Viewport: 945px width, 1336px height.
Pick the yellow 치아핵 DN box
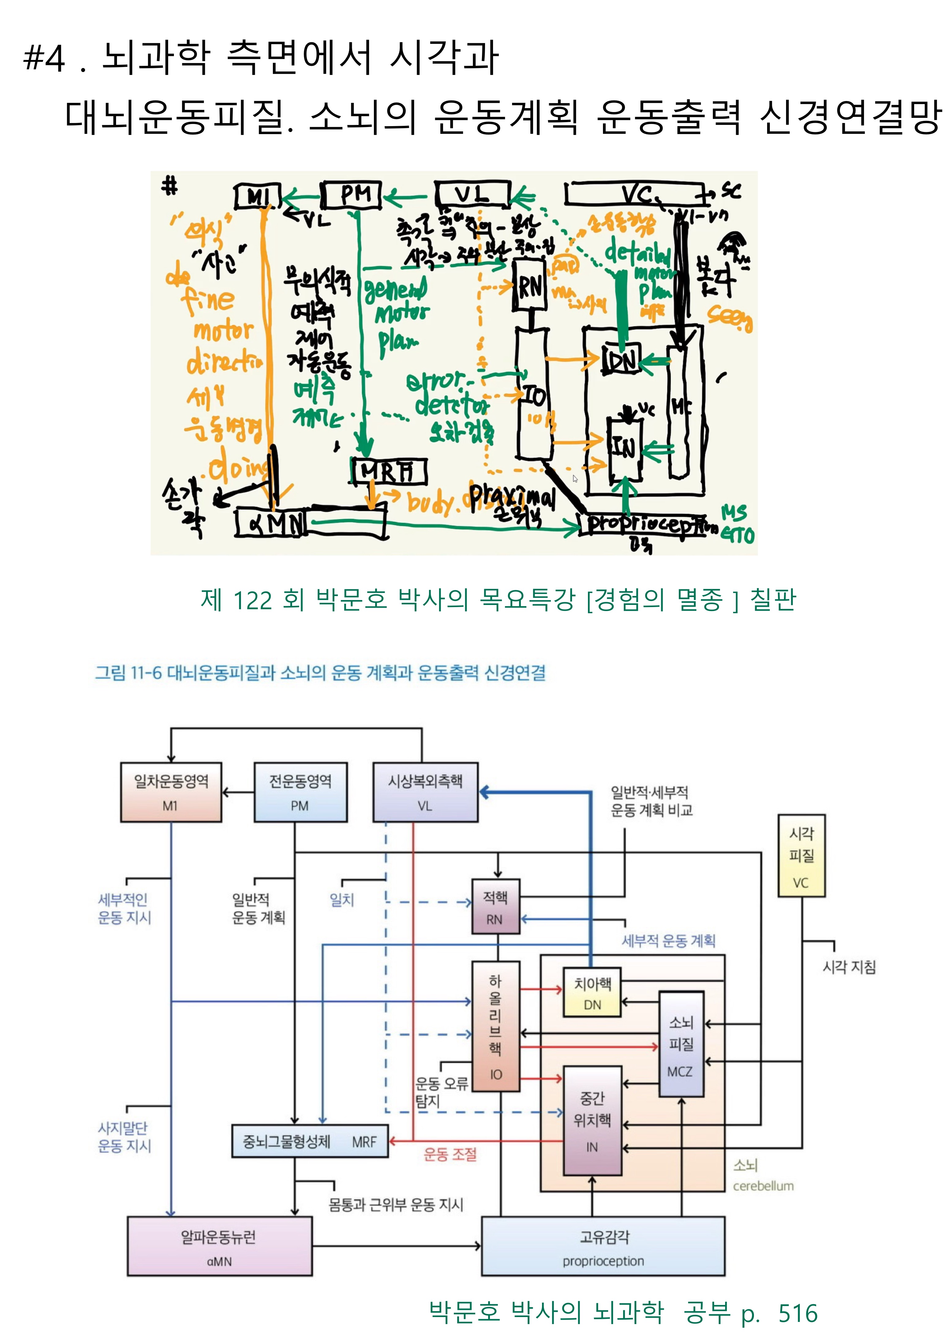click(592, 993)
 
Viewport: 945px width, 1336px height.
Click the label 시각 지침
click(849, 967)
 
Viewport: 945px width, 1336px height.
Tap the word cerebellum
click(763, 1186)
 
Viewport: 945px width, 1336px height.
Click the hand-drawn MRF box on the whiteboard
click(389, 471)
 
